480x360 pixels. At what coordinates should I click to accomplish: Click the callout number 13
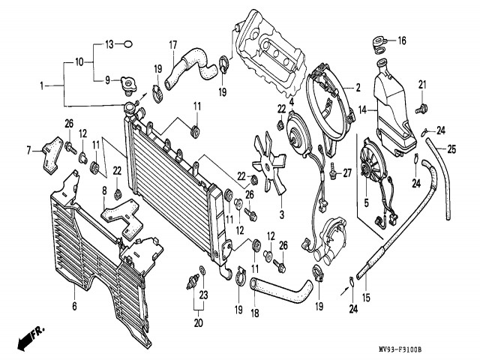108,45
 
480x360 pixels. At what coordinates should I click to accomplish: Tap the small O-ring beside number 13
127,45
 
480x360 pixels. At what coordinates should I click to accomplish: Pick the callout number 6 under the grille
74,305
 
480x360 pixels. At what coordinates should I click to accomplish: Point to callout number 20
198,323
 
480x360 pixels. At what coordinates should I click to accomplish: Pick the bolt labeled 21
422,107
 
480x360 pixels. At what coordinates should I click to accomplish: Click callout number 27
346,173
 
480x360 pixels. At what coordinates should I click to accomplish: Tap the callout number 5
367,201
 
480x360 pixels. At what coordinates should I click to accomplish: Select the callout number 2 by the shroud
358,87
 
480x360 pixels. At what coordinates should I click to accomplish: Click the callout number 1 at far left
43,86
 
